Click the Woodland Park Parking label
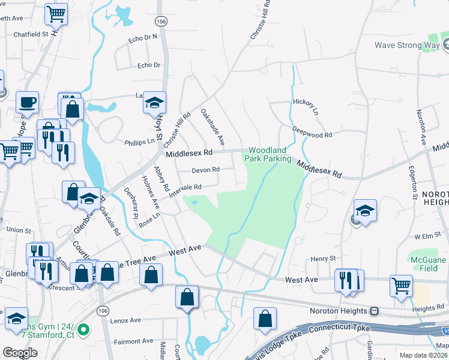pyautogui.click(x=267, y=154)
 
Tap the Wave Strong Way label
pyautogui.click(x=407, y=45)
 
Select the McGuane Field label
pyautogui.click(x=427, y=265)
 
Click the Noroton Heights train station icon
pyautogui.click(x=375, y=311)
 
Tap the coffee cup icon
pyautogui.click(x=27, y=101)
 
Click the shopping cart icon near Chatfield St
pyautogui.click(x=56, y=14)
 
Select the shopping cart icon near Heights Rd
pyautogui.click(x=401, y=286)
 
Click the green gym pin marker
pyautogui.click(x=84, y=329)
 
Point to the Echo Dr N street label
pyautogui.click(x=143, y=38)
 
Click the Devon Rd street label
pyautogui.click(x=205, y=170)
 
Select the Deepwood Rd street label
pyautogui.click(x=312, y=133)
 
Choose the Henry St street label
pyautogui.click(x=323, y=259)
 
